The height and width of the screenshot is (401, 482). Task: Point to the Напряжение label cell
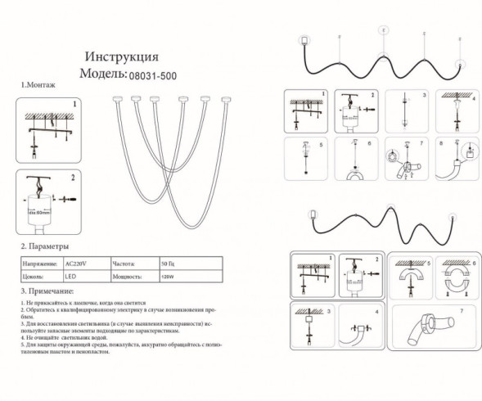click(x=38, y=263)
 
